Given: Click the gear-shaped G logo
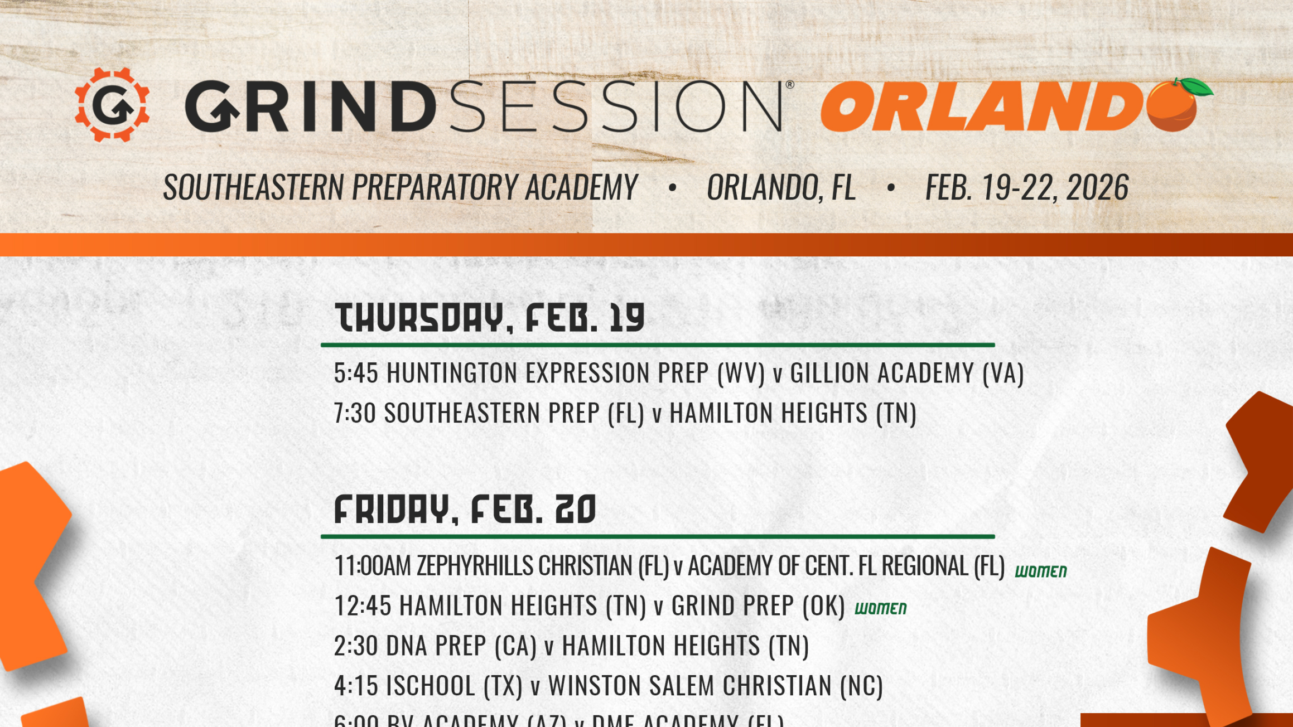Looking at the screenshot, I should coord(112,105).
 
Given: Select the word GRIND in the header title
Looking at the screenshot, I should coord(310,106).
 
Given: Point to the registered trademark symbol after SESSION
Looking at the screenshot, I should coord(789,85).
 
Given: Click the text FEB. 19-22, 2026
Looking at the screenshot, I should coord(1026,187).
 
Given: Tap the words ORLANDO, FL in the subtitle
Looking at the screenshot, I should coord(781,187).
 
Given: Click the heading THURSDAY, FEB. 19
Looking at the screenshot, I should coord(490,318).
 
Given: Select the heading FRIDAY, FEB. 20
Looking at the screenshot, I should coord(465,510).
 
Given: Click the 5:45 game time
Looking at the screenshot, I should coord(356,373).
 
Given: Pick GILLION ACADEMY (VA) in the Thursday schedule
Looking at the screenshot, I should coord(906,373).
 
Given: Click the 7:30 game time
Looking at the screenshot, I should coord(355,413).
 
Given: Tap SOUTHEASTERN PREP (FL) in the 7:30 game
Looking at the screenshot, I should coord(514,413).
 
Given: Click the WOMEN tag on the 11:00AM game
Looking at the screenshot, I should coord(1040,571).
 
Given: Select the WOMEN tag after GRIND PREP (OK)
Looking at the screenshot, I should coord(880,608).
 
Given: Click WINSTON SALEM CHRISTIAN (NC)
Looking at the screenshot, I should coord(715,686).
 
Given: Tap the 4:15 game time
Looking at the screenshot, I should coord(356,686).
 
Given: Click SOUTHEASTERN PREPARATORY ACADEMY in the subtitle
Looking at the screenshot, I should coord(400,187).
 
